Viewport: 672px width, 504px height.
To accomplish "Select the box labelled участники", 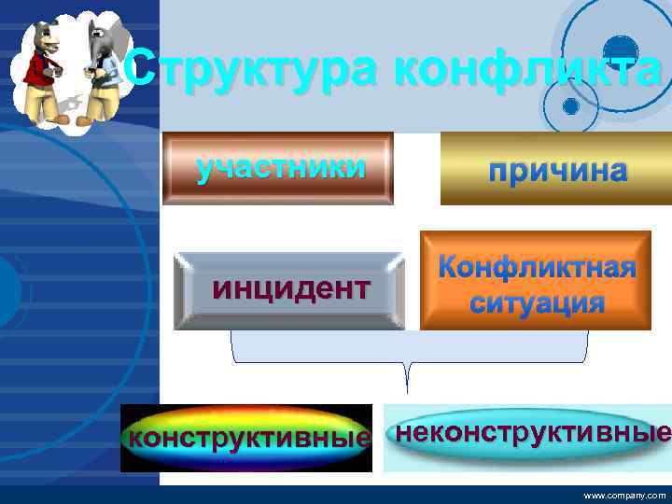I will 278,169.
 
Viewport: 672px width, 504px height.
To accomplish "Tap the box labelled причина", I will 557,169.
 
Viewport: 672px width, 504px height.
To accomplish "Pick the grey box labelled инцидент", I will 290,290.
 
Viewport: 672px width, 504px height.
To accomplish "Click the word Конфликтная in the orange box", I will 537,269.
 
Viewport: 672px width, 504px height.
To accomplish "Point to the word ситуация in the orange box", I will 537,303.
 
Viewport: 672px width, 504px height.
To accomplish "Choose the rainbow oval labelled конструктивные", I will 245,438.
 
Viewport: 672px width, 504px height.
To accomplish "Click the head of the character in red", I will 42,37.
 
